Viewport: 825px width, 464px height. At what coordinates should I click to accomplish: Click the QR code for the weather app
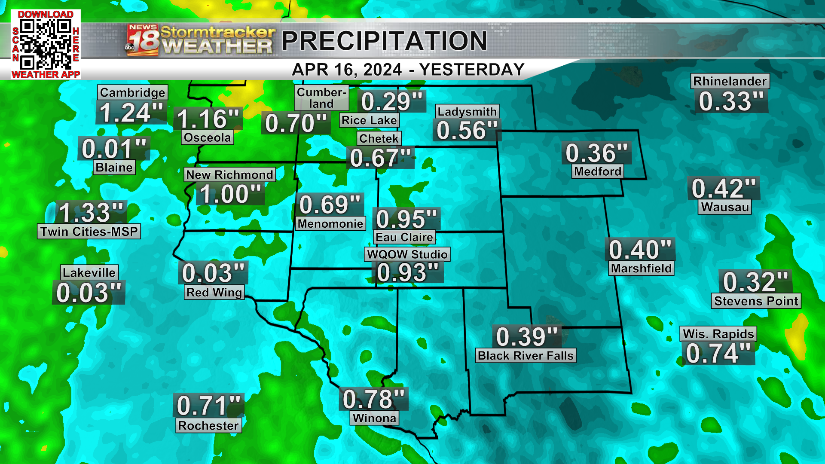[x=46, y=44]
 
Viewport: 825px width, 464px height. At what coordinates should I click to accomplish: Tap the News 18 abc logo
[x=142, y=40]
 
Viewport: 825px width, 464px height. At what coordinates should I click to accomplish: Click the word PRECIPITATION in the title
[x=384, y=41]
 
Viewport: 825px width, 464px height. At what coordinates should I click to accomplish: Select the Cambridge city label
[x=132, y=92]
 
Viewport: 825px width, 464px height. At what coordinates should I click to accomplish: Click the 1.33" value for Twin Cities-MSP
[x=91, y=212]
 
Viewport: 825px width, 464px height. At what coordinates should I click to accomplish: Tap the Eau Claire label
[x=404, y=237]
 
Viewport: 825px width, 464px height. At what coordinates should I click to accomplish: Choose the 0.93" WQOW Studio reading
[x=408, y=272]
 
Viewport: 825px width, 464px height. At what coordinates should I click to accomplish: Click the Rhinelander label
[x=730, y=81]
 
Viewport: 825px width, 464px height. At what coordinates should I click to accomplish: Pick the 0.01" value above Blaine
[x=114, y=149]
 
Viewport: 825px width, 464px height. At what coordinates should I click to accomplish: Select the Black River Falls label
[x=526, y=356]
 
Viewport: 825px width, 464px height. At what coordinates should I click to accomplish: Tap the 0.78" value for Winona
[x=373, y=399]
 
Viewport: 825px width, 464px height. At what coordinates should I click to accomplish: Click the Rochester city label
[x=208, y=425]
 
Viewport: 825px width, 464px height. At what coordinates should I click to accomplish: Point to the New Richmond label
[x=229, y=174]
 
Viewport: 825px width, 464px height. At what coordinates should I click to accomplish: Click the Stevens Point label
[x=756, y=301]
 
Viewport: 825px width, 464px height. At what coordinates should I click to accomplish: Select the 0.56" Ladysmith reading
[x=467, y=131]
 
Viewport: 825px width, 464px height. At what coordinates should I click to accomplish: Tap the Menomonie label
[x=330, y=223]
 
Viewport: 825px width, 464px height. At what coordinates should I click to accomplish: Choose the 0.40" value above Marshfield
[x=640, y=250]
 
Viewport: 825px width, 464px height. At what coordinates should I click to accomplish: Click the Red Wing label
[x=214, y=292]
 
